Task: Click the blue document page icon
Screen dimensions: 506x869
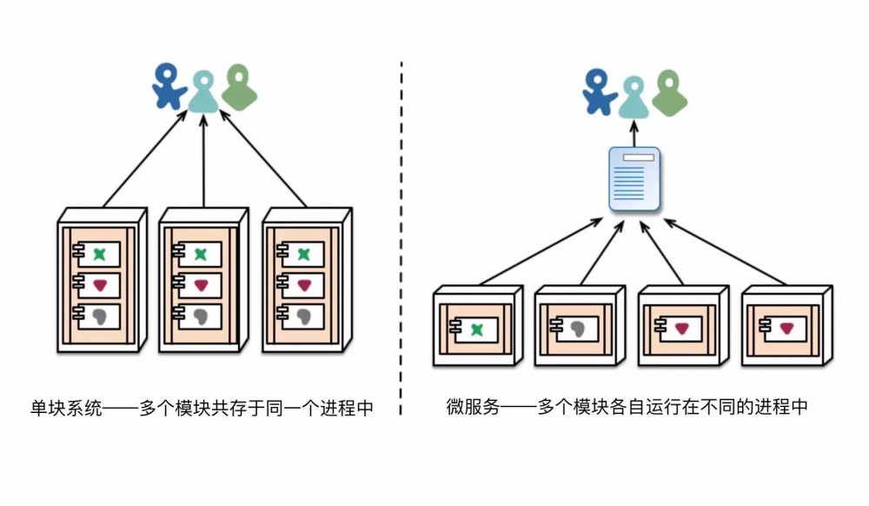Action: click(634, 179)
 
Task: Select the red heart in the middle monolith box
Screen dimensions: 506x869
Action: click(202, 284)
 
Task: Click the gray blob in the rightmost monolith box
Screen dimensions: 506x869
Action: click(303, 315)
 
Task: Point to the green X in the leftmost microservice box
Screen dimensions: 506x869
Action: click(476, 329)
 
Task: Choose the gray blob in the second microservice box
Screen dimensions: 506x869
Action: click(578, 329)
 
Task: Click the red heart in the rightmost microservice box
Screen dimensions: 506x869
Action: click(786, 329)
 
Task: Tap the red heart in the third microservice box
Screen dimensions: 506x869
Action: click(682, 329)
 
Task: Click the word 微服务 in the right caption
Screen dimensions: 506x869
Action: click(473, 406)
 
